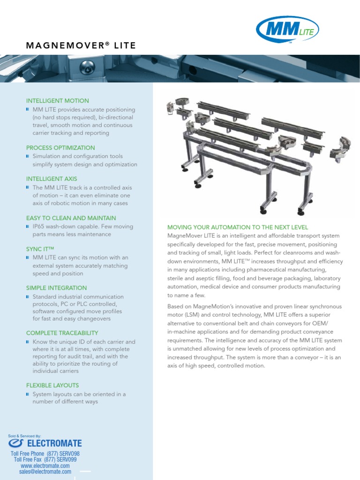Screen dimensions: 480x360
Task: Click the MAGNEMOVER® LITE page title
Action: point(81,45)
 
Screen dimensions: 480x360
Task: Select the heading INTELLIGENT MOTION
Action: point(57,101)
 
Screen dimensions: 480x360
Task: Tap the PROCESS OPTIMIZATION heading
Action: point(60,148)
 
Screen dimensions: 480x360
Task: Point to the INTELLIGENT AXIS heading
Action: point(52,179)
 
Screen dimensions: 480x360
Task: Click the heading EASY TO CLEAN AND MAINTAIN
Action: point(71,218)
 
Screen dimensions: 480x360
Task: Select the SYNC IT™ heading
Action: point(41,249)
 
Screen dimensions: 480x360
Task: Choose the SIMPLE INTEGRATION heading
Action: point(56,288)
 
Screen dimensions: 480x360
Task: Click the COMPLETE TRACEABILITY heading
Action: point(61,333)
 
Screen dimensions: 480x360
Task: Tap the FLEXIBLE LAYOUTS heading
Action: point(53,385)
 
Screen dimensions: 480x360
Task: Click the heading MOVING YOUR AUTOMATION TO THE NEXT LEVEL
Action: point(238,227)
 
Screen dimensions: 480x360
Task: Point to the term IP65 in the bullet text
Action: point(39,226)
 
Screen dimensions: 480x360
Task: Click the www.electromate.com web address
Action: point(45,466)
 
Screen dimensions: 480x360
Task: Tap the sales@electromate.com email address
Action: point(45,472)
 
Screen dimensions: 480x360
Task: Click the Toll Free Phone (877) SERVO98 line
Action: point(45,454)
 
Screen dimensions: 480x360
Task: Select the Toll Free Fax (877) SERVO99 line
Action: point(45,460)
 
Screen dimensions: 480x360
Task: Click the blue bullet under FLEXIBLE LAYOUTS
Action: point(28,394)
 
